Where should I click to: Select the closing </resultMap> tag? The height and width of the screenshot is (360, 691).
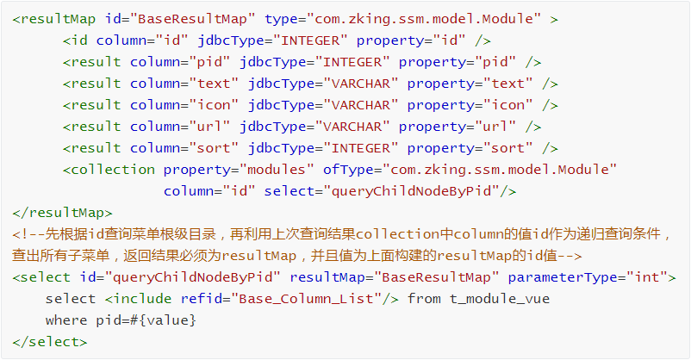click(63, 213)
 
